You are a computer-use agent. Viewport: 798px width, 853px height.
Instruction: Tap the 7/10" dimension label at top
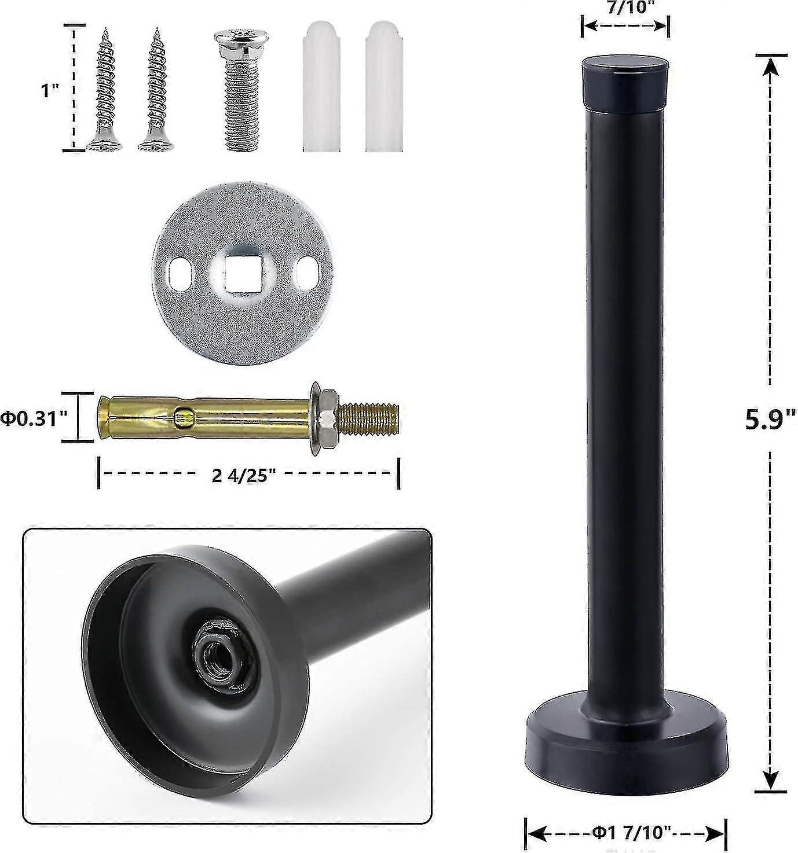click(625, 6)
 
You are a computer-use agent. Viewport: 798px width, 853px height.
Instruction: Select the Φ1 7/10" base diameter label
click(626, 833)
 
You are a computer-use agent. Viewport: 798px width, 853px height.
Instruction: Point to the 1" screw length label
click(50, 91)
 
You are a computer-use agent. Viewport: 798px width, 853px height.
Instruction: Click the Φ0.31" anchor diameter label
click(35, 418)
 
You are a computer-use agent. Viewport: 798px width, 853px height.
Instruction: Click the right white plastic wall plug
click(384, 87)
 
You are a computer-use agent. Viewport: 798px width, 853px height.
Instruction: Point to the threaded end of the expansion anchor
click(368, 418)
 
